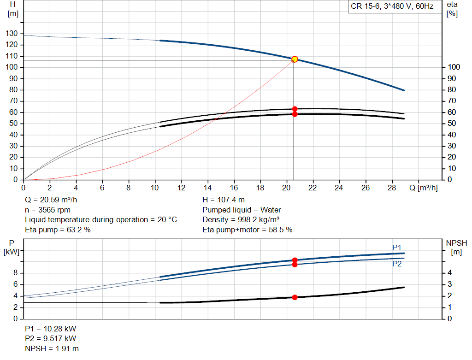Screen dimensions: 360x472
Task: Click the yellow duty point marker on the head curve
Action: [x=295, y=59]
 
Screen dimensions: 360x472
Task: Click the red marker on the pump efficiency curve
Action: [x=295, y=109]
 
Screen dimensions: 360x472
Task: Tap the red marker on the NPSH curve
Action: [x=295, y=297]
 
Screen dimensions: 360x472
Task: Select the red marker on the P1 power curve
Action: [x=295, y=260]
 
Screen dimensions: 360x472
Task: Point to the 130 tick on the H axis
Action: [x=12, y=34]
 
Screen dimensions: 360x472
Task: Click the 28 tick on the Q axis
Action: [x=392, y=188]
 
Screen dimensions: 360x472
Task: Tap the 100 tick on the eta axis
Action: [x=454, y=67]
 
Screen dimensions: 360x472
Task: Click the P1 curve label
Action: [x=397, y=248]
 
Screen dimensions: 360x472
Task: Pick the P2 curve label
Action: [x=397, y=264]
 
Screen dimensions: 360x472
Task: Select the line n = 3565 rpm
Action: [x=46, y=210]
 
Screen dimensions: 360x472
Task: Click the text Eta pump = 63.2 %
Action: [x=58, y=229]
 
